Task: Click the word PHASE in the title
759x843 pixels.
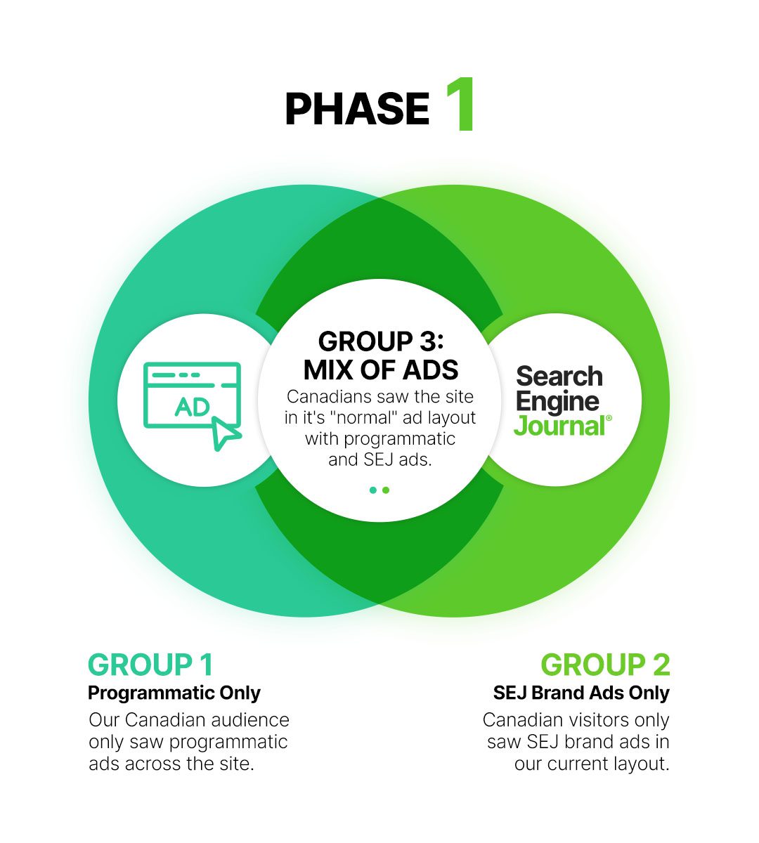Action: (x=357, y=109)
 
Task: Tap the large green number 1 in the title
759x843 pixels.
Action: (x=461, y=104)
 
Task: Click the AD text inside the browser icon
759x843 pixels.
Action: (x=192, y=407)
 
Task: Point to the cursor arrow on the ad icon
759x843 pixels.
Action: (x=226, y=433)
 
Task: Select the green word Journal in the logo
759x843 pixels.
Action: (x=559, y=426)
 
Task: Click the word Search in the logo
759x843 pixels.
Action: (x=559, y=376)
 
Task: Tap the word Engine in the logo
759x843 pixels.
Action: (x=557, y=402)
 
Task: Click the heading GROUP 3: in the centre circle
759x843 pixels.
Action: (x=380, y=341)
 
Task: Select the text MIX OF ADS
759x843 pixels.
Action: (x=380, y=370)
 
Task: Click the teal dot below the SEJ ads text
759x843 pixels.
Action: (x=372, y=490)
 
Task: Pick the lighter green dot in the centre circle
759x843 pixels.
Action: (x=386, y=490)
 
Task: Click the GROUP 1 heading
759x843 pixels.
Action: (x=150, y=665)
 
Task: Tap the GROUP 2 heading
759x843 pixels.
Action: (x=605, y=665)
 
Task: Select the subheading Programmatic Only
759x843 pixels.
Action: (x=174, y=693)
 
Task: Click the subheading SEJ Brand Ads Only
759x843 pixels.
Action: (x=581, y=693)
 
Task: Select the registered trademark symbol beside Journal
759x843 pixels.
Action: (x=609, y=418)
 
